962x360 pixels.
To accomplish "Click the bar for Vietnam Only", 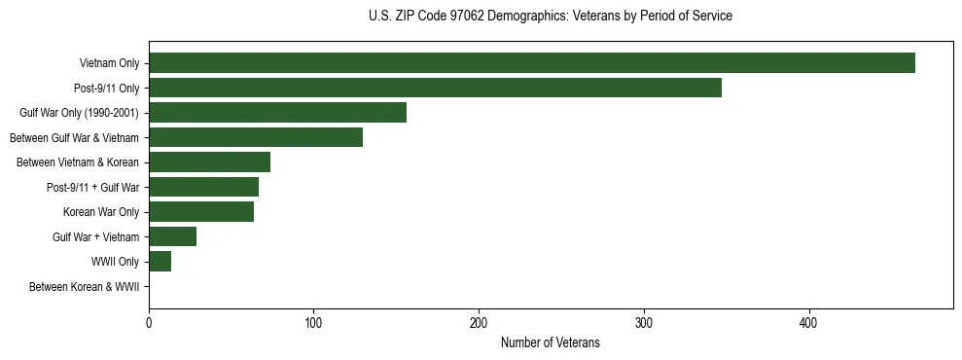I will tap(531, 63).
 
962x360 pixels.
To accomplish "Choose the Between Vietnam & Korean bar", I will tap(209, 162).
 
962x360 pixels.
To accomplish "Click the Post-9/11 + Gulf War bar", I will tap(203, 187).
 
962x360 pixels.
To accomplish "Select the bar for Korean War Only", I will tap(201, 212).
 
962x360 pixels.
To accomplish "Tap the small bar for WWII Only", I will tap(160, 262).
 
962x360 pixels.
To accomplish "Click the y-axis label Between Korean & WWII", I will tap(84, 287).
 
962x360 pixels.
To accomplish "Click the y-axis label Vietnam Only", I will tap(109, 64).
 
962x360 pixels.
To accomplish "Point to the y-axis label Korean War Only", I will tap(101, 213).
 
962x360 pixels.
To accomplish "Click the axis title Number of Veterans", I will tap(550, 343).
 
